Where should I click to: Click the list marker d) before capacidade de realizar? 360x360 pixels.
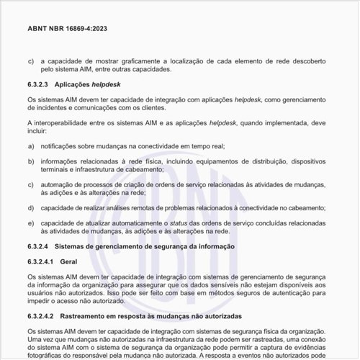pos(30,207)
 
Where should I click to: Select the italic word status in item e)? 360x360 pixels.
pos(180,222)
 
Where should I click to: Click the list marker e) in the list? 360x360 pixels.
pos(30,222)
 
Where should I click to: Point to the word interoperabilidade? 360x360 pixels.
pos(62,123)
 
